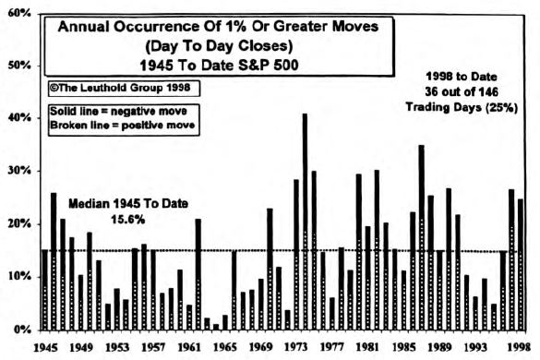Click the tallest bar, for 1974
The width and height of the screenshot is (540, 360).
(305, 222)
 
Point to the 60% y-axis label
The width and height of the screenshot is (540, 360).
(18, 13)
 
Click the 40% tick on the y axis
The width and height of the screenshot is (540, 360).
(18, 118)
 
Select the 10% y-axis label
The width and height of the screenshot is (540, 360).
(18, 277)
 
